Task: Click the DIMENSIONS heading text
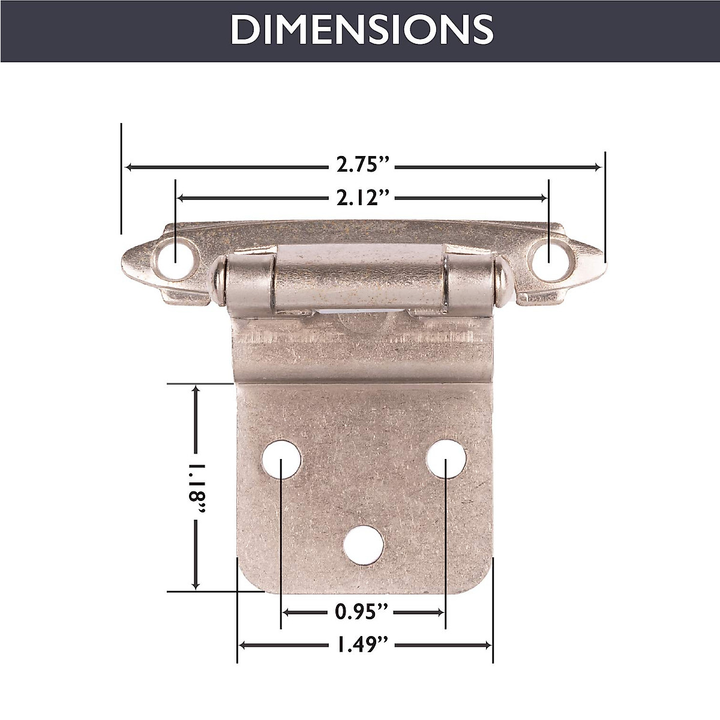[362, 29]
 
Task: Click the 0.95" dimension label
[363, 612]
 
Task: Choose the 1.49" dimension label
[363, 645]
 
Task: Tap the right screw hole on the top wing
[548, 253]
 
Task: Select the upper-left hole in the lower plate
[281, 459]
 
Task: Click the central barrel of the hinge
[360, 279]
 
